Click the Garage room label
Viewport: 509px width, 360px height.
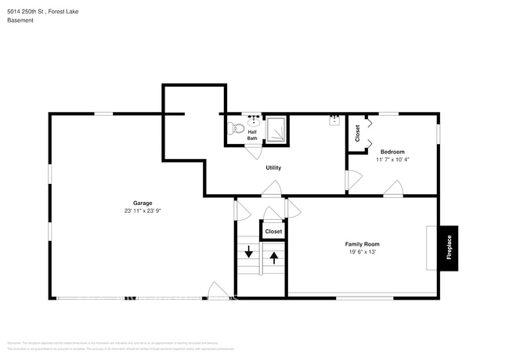click(143, 203)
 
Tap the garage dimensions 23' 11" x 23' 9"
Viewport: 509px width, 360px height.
click(143, 211)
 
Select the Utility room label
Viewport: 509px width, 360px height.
click(273, 167)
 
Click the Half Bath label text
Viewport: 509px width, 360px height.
click(252, 135)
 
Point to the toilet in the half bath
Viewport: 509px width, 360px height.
click(233, 131)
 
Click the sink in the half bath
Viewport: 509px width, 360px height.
click(253, 121)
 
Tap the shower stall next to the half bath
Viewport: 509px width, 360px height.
click(276, 130)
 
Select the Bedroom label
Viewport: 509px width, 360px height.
click(392, 151)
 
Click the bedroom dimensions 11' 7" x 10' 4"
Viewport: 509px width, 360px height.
click(392, 160)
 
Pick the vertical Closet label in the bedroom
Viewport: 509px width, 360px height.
click(358, 133)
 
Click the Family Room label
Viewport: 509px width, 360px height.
click(363, 243)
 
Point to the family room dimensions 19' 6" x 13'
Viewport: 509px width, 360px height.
click(363, 252)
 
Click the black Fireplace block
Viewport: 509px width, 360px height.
click(449, 248)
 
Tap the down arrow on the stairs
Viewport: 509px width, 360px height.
click(249, 252)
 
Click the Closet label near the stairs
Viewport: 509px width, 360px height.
click(273, 232)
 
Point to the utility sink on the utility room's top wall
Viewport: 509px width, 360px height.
click(334, 120)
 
